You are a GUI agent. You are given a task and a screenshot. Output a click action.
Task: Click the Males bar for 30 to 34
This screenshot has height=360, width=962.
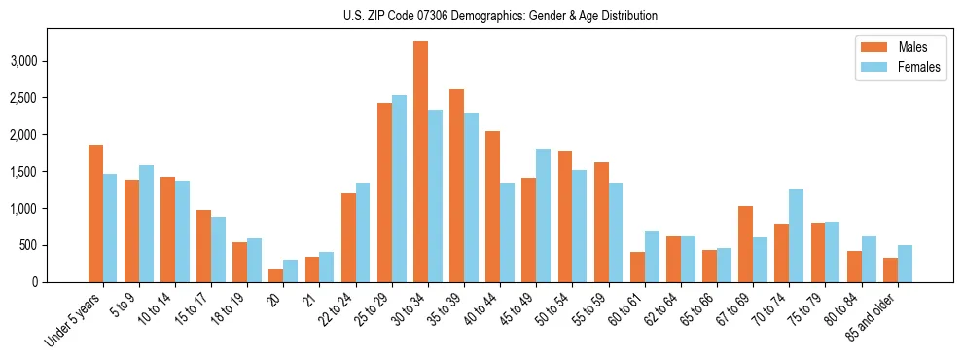tap(421, 162)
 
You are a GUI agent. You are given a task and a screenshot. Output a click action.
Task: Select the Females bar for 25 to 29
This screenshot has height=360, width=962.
tap(399, 189)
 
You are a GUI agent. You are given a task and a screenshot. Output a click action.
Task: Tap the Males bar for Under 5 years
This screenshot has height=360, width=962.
tap(95, 213)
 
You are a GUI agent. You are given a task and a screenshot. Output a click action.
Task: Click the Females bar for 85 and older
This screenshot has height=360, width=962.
tap(905, 264)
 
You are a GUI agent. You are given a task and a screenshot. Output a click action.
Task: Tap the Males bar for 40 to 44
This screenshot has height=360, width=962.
tap(493, 206)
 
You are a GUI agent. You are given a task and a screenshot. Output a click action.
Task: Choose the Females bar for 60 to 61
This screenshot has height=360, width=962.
tap(652, 256)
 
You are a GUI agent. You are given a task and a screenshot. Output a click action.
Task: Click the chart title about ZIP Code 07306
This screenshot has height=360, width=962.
tap(500, 16)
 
